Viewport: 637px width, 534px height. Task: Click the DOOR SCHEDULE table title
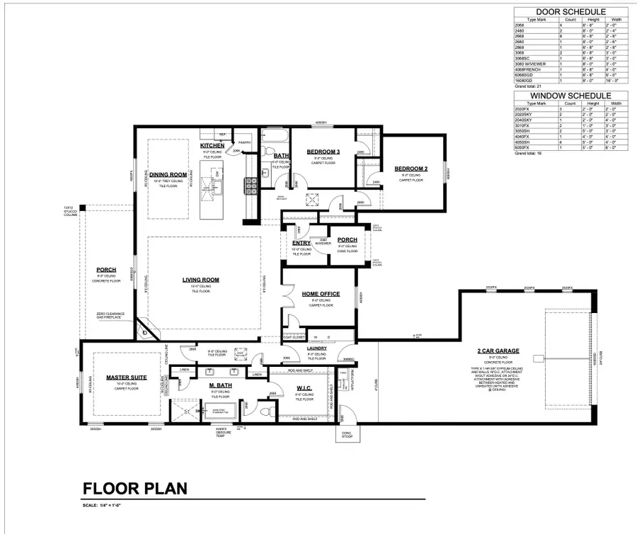click(570, 12)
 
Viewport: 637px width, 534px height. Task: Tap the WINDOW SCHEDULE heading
click(570, 95)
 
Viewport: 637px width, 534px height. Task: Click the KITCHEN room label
click(212, 146)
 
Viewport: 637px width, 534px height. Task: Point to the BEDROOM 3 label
click(323, 152)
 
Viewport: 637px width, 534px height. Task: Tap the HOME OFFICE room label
click(321, 294)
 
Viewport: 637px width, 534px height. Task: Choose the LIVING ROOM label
click(200, 280)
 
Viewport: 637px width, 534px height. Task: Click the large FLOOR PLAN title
click(134, 488)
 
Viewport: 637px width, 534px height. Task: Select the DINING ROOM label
click(168, 174)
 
